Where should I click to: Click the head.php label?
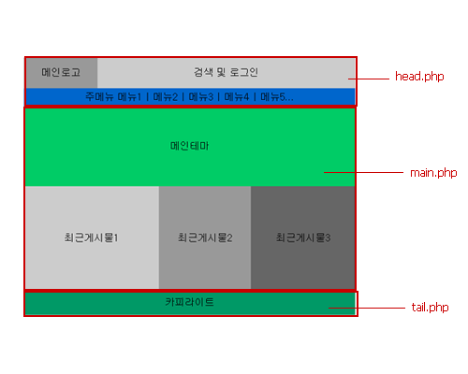click(419, 77)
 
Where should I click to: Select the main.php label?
click(433, 173)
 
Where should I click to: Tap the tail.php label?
click(430, 308)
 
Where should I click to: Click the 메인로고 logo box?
click(62, 73)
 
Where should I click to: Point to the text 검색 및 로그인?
click(226, 72)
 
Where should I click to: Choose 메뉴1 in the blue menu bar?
click(129, 97)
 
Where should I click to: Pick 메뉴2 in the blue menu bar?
click(166, 97)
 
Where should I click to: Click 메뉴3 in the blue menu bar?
click(201, 97)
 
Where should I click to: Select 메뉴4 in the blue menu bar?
click(237, 97)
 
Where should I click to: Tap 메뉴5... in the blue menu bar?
click(277, 97)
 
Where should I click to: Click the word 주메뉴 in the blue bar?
click(99, 97)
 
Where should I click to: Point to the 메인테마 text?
click(189, 146)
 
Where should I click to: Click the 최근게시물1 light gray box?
click(93, 237)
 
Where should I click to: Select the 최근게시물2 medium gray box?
click(205, 237)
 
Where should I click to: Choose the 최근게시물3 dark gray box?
click(303, 237)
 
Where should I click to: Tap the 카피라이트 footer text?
click(190, 302)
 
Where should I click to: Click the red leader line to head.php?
click(369, 79)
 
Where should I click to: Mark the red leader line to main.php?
click(363, 172)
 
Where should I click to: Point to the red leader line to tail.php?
click(367, 308)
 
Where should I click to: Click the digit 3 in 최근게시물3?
click(328, 237)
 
